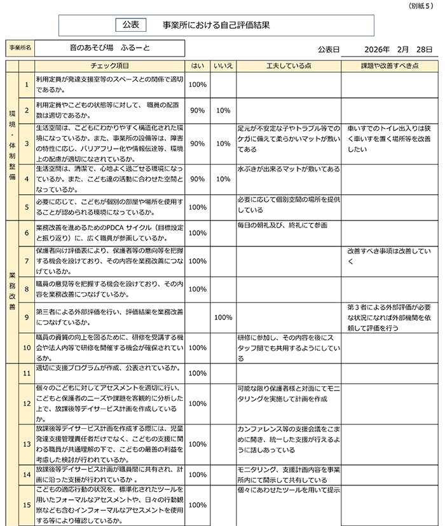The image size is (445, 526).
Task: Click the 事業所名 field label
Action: pos(20,48)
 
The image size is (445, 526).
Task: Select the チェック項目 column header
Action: pos(111,65)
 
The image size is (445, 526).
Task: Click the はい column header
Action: pos(197,65)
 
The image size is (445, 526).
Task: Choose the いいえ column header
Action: pos(222,65)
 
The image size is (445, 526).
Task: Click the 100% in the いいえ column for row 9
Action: pos(222,317)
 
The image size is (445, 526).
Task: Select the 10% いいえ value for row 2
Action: pos(222,111)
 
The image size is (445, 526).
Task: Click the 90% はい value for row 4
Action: pos(197,179)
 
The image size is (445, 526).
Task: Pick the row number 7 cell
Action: pos(27,261)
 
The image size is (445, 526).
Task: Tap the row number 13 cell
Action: pos(27,444)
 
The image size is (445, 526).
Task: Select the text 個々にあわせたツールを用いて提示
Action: pos(288,490)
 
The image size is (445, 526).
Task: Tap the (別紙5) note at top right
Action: pos(423,6)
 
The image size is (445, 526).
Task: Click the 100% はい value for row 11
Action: pos(197,373)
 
